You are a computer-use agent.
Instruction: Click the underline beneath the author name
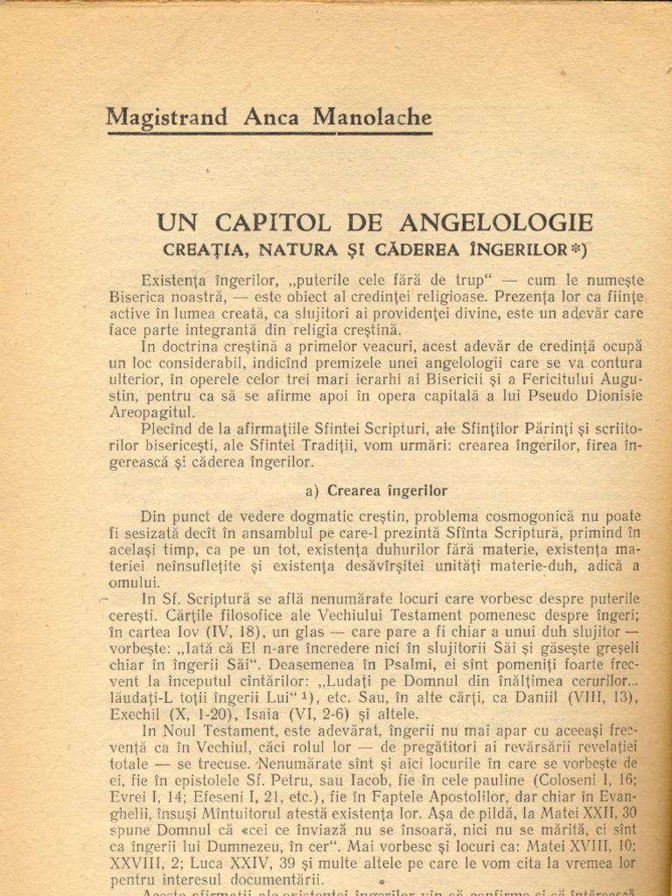(x=269, y=134)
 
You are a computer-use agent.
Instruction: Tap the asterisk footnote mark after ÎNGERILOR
(x=577, y=248)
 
